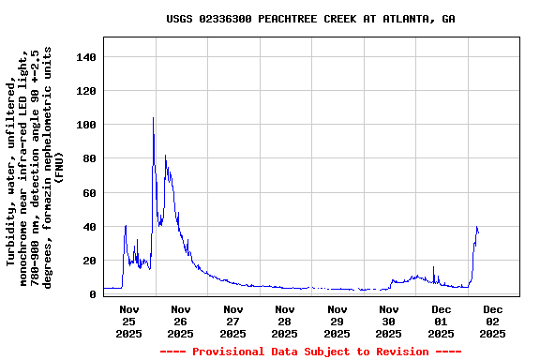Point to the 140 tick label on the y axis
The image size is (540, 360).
pyautogui.click(x=85, y=58)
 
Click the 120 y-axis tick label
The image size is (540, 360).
pyautogui.click(x=85, y=92)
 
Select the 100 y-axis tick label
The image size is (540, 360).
pyautogui.click(x=85, y=126)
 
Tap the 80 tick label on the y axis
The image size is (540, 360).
pyautogui.click(x=89, y=159)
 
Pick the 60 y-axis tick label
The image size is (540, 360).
pyautogui.click(x=89, y=193)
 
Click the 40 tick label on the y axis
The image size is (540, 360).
pyautogui.click(x=89, y=227)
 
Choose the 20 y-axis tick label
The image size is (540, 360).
pyautogui.click(x=89, y=261)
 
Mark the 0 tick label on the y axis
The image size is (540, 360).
pyautogui.click(x=93, y=294)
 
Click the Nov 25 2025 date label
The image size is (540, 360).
pyautogui.click(x=129, y=321)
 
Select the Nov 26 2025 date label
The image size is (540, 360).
pyautogui.click(x=181, y=321)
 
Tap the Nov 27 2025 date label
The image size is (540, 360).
pyautogui.click(x=233, y=321)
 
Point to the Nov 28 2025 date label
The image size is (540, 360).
pyautogui.click(x=285, y=321)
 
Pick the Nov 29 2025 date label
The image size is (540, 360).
pyautogui.click(x=337, y=321)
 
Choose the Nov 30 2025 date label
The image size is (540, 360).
pyautogui.click(x=389, y=321)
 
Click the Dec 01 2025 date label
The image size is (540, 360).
pyautogui.click(x=442, y=321)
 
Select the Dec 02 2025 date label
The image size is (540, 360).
pyautogui.click(x=493, y=321)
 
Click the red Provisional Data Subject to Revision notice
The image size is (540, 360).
pyautogui.click(x=310, y=352)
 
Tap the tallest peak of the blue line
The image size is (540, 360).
pyautogui.click(x=153, y=119)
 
